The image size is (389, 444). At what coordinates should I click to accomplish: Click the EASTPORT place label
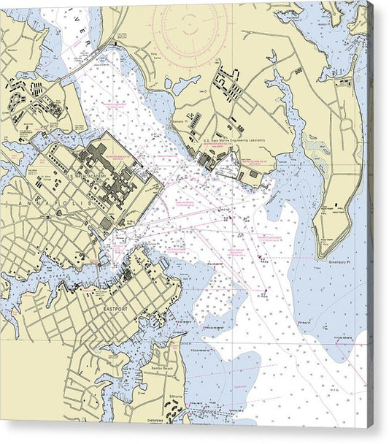[115, 309]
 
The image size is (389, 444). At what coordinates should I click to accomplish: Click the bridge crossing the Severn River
[80, 66]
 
